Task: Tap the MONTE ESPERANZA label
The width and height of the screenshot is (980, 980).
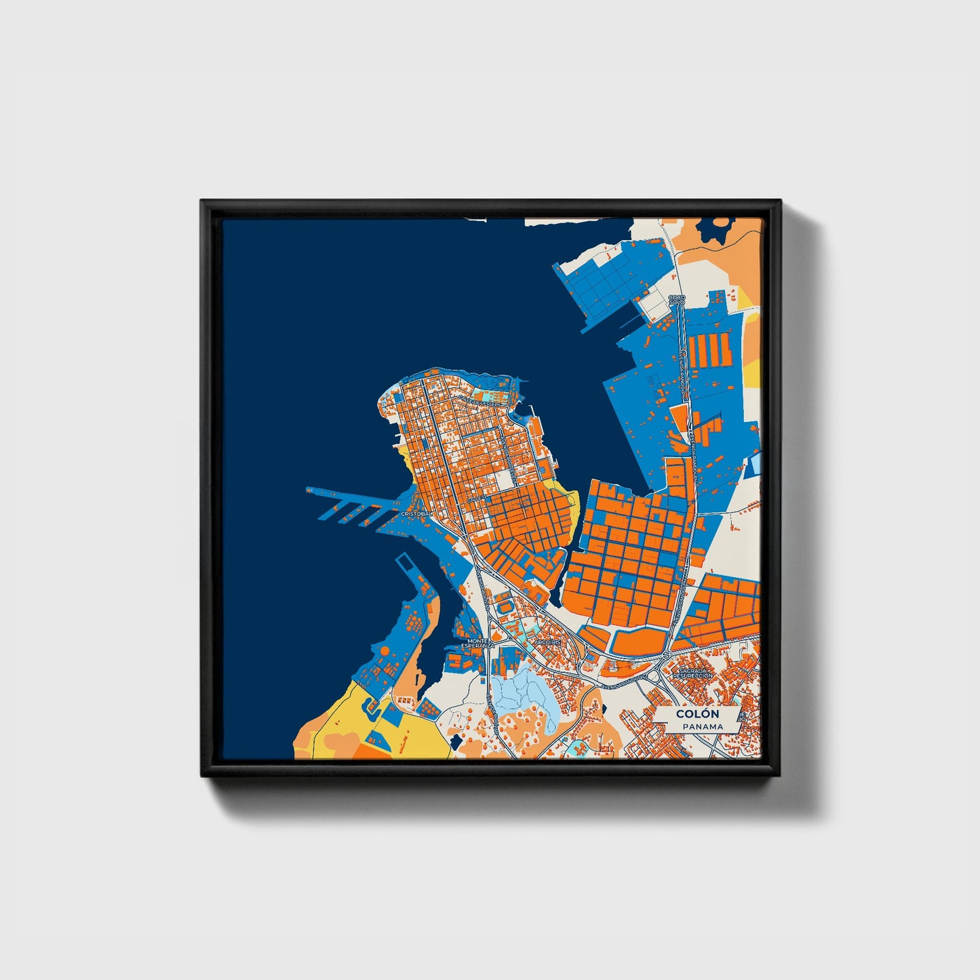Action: [477, 643]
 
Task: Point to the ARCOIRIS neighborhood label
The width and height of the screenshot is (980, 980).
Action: [547, 641]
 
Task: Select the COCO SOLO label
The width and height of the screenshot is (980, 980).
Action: [676, 299]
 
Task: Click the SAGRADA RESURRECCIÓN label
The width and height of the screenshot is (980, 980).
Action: [693, 673]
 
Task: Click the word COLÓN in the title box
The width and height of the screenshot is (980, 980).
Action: [697, 713]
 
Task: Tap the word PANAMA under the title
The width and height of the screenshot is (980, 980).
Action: [703, 726]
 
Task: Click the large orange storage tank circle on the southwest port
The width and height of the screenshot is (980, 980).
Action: [385, 650]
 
